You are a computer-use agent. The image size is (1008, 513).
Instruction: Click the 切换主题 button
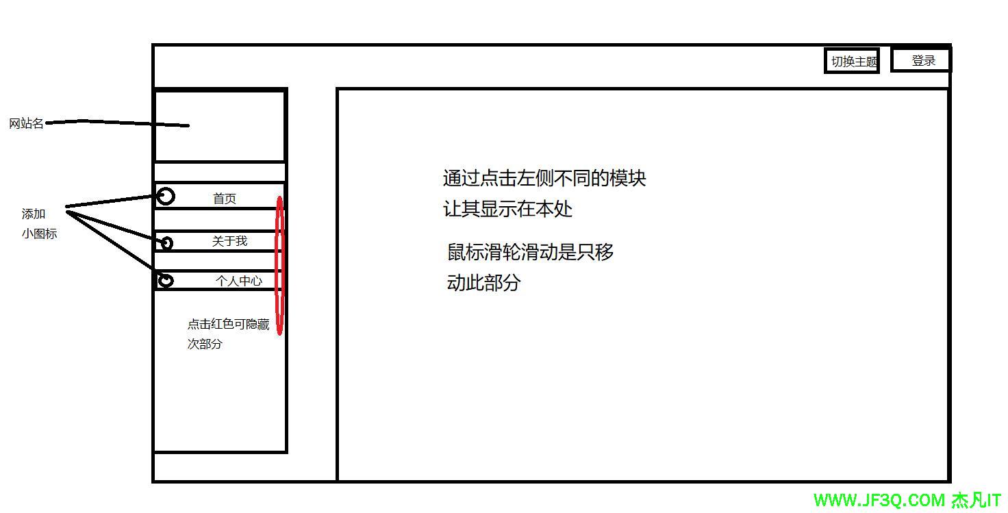click(852, 61)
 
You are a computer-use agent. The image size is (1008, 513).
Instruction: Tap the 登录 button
click(922, 60)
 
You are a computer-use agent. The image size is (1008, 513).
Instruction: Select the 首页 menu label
click(225, 199)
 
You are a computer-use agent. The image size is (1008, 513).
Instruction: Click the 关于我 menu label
click(229, 241)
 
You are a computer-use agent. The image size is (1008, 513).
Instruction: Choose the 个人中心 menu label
click(238, 281)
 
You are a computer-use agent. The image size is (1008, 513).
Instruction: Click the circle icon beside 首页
click(166, 197)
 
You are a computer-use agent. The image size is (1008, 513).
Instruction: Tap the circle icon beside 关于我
click(166, 242)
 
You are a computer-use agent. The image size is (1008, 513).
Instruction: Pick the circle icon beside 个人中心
click(166, 280)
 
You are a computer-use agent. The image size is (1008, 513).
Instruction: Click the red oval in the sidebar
click(279, 266)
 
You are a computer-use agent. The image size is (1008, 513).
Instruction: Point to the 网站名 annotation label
click(26, 124)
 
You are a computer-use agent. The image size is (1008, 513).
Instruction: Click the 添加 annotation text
click(34, 214)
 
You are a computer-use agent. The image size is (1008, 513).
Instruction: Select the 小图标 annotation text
click(39, 234)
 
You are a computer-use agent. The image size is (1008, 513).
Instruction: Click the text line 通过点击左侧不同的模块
click(544, 179)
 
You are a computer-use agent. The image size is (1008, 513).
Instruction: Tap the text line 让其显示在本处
click(507, 209)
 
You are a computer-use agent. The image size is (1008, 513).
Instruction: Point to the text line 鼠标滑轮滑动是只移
click(531, 252)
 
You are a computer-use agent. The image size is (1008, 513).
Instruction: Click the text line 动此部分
click(483, 282)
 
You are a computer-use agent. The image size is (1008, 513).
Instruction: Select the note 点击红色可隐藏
click(228, 324)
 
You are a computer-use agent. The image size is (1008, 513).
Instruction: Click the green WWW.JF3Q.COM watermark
click(880, 501)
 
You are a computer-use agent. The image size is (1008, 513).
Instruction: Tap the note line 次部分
click(205, 344)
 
